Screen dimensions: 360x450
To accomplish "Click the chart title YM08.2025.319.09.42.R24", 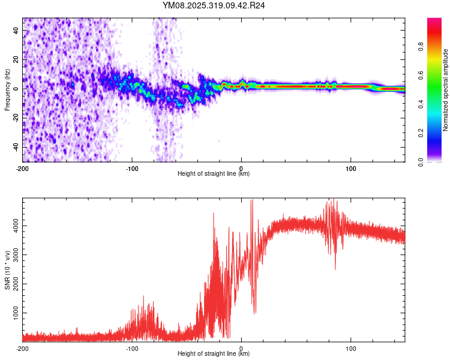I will pyautogui.click(x=214, y=5).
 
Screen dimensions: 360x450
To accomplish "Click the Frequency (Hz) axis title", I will pyautogui.click(x=7, y=90).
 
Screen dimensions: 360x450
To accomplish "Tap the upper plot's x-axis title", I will pyautogui.click(x=214, y=174).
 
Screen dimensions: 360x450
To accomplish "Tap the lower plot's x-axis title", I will pyautogui.click(x=214, y=354).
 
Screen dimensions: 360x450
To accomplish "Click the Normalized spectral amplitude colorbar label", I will pyautogui.click(x=446, y=90).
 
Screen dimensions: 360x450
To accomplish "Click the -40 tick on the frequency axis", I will pyautogui.click(x=15, y=147).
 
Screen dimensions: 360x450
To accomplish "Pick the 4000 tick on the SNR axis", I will pyautogui.click(x=13, y=226).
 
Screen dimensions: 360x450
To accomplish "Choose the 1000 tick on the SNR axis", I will pyautogui.click(x=13, y=313).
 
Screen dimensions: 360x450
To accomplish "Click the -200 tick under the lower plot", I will pyautogui.click(x=23, y=348).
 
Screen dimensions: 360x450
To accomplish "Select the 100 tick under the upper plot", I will pyautogui.click(x=350, y=168).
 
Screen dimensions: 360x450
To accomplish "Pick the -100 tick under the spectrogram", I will pyautogui.click(x=132, y=168).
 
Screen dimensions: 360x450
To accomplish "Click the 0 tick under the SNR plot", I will pyautogui.click(x=241, y=348).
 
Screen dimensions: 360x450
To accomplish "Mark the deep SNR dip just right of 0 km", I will pyautogui.click(x=255, y=311).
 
